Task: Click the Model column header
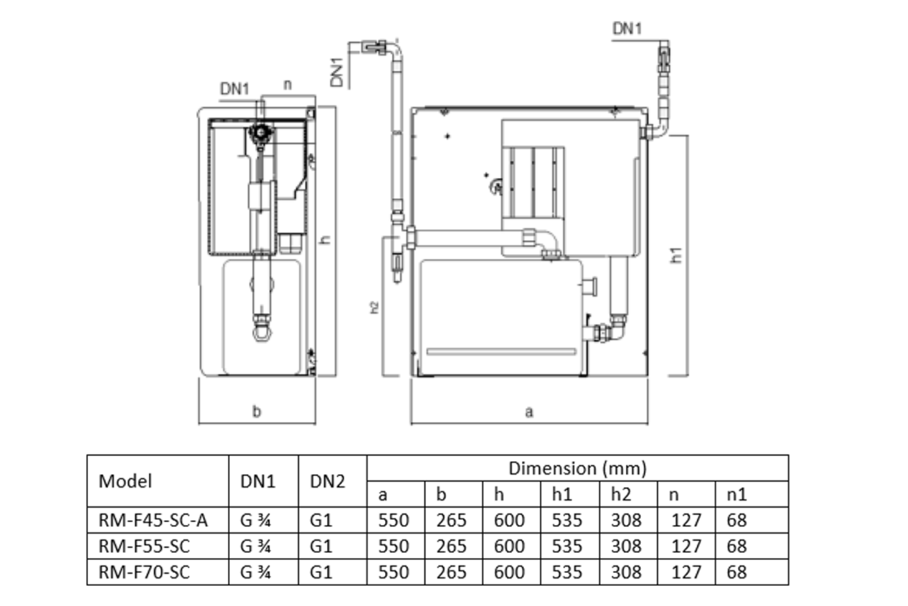(x=125, y=481)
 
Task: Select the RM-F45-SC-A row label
(x=153, y=520)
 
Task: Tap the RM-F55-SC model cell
(x=144, y=546)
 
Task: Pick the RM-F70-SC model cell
(x=144, y=572)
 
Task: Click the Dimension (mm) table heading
(x=577, y=468)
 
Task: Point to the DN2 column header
(x=327, y=481)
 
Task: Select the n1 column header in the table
(x=736, y=494)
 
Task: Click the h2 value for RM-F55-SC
(x=626, y=546)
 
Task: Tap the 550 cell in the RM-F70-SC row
(x=393, y=572)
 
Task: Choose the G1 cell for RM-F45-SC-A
(x=321, y=520)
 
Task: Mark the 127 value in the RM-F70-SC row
(x=686, y=572)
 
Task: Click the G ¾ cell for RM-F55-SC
(x=256, y=546)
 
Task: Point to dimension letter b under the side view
(x=257, y=412)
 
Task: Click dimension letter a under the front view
(x=529, y=412)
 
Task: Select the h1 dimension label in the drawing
(x=677, y=255)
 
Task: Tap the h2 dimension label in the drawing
(x=374, y=307)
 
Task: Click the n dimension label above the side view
(x=288, y=85)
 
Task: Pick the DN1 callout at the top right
(x=627, y=29)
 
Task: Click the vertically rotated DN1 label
(x=337, y=72)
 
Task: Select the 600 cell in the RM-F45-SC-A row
(x=509, y=520)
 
